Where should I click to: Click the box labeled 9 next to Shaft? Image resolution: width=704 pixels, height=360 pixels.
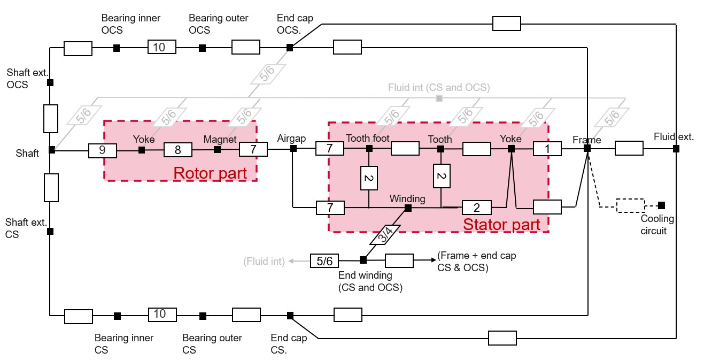coord(103,150)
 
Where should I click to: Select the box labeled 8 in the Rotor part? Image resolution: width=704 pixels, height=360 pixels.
coord(177,150)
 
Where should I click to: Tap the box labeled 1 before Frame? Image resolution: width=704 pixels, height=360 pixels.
coord(547,148)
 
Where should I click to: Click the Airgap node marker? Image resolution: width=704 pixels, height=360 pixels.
coord(293,149)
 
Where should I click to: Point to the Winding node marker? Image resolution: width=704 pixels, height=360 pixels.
coord(408,208)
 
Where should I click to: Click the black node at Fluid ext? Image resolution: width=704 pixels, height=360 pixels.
coord(676,149)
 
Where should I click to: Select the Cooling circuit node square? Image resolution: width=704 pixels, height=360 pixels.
coord(662,205)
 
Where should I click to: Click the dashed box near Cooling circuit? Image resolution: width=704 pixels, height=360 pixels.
coord(630,206)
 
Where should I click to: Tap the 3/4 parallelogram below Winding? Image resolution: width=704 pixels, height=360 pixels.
coord(385,234)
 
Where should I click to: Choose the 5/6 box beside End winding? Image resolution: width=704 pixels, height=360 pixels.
coord(324,261)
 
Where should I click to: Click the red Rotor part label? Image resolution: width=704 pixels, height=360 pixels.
coord(210,173)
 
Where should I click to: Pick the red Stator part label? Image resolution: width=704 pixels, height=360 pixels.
coord(501,224)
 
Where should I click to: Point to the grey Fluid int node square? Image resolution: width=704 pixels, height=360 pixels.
coord(439,98)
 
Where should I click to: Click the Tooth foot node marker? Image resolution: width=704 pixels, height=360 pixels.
coord(369,148)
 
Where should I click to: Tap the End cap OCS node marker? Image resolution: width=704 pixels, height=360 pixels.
coord(290,48)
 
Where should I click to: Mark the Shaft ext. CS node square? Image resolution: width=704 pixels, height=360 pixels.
coord(50,232)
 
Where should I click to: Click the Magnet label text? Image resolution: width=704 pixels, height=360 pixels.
coord(220,139)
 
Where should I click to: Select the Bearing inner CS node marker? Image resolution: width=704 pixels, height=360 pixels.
coord(117,316)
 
